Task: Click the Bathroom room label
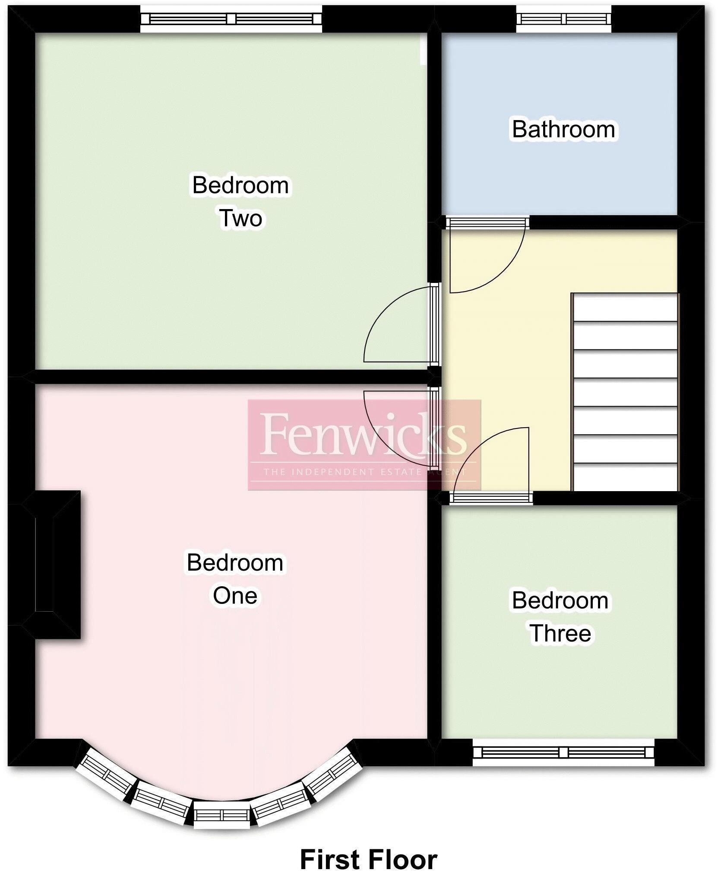tap(563, 130)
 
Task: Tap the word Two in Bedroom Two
tap(241, 219)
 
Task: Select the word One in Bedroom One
tap(235, 596)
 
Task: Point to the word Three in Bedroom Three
tap(560, 634)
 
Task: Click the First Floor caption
tap(368, 848)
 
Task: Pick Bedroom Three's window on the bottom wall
tap(563, 752)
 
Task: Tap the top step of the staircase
tap(625, 308)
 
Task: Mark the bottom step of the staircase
tap(625, 477)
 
